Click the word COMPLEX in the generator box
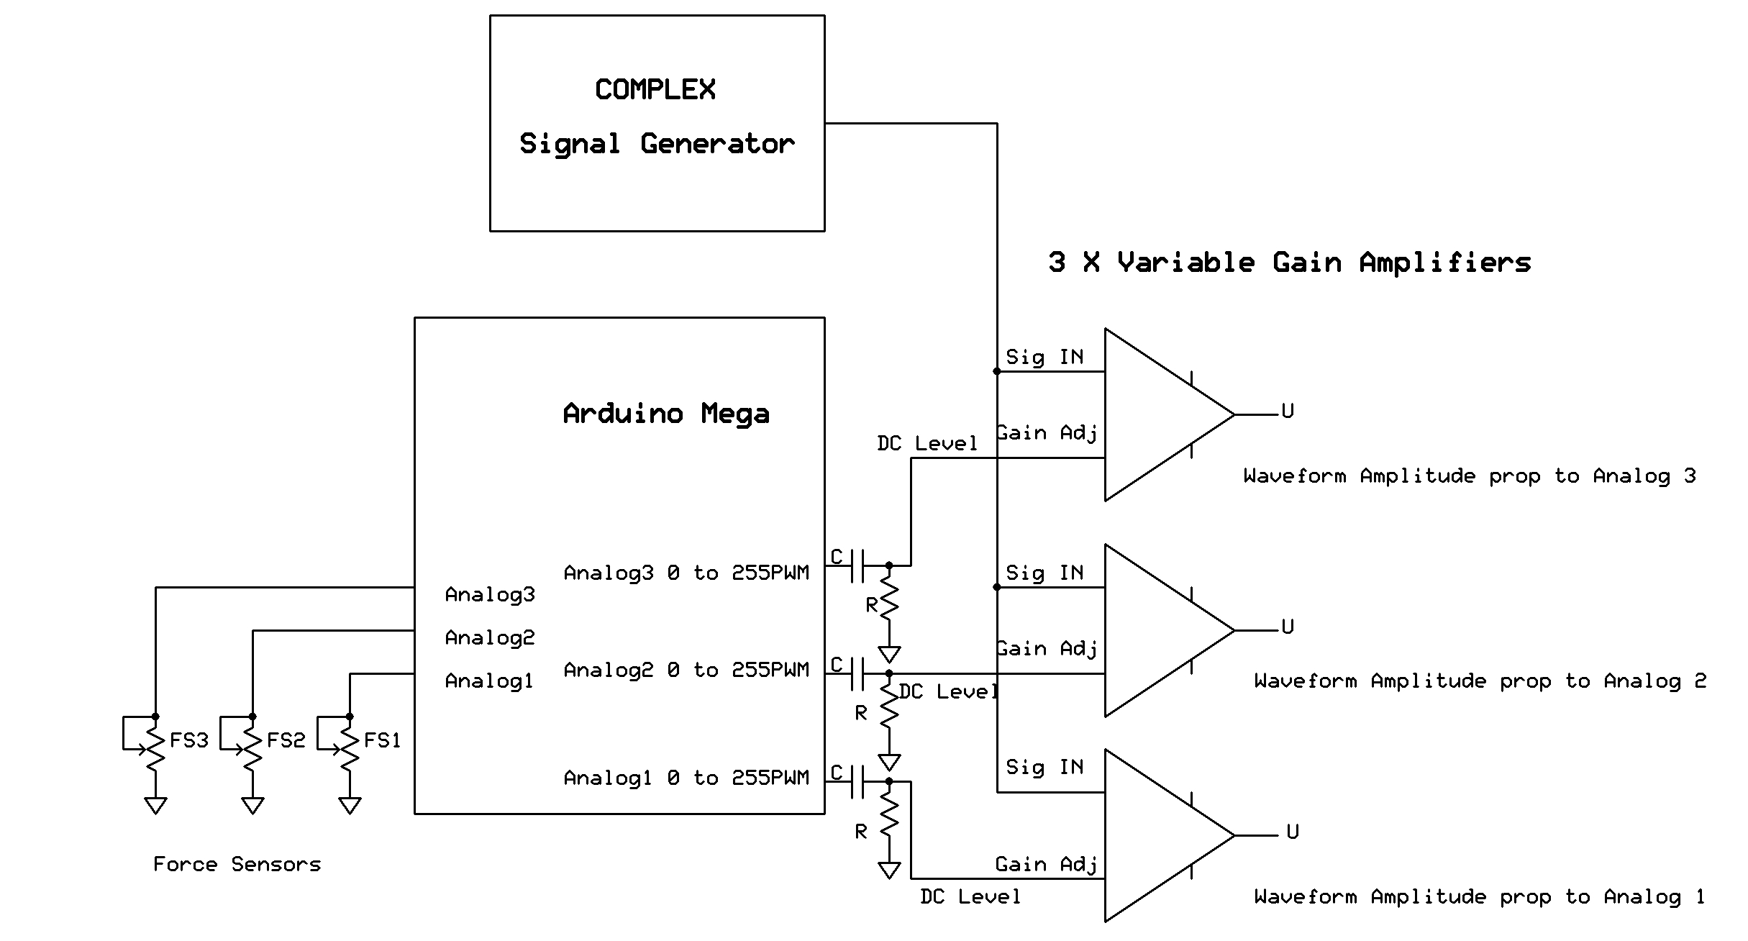coord(655,90)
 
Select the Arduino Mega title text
coord(666,414)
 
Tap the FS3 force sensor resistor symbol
coord(155,748)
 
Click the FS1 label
coord(382,740)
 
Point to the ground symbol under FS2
coord(252,805)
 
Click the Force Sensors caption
coord(237,864)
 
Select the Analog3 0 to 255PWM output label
coord(686,573)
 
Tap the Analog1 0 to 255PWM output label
coord(686,778)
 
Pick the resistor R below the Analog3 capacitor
coord(889,601)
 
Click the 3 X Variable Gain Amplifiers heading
coord(1289,263)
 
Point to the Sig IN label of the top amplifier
coord(1044,358)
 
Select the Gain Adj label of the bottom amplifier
coord(1046,864)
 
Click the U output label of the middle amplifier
coord(1288,627)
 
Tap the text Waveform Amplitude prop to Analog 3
coord(1470,476)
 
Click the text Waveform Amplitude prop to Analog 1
coord(1479,897)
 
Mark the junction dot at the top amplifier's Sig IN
coord(997,372)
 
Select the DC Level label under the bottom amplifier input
coord(970,897)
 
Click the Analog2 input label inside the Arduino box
coord(490,638)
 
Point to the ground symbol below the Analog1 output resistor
coord(889,870)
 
